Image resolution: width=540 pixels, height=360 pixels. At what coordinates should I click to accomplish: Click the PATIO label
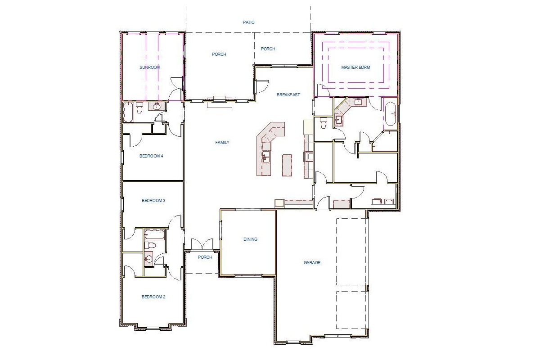tap(249, 22)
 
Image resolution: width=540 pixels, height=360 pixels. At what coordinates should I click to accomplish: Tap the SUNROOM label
tap(149, 67)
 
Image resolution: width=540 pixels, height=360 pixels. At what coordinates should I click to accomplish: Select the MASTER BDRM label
tap(355, 67)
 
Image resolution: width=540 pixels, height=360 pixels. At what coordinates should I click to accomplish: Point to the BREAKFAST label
tap(288, 94)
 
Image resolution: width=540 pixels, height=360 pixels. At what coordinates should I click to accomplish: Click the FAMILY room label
tap(222, 143)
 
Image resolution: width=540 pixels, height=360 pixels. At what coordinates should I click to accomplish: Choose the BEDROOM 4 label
tap(151, 156)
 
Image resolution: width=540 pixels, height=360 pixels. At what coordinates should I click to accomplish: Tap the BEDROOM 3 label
tap(154, 201)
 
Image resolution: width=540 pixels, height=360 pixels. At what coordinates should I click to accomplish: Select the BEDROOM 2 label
tap(154, 297)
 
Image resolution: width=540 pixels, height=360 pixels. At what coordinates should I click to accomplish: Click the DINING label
tap(250, 239)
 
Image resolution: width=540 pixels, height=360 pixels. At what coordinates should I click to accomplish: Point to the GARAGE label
tap(312, 262)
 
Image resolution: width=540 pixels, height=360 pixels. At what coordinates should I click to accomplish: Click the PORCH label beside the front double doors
tap(205, 257)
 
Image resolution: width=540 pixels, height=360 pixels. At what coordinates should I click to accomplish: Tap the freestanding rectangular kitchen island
tap(287, 166)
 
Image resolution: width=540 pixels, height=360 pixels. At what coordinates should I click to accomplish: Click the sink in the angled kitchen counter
tap(266, 156)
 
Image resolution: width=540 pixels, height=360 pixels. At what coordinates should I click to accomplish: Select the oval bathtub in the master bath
tap(390, 113)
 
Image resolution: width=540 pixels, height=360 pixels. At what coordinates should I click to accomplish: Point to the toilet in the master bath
tap(323, 122)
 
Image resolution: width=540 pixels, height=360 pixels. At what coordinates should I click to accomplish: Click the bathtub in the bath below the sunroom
tap(128, 112)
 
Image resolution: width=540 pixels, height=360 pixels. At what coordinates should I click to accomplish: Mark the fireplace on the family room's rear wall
tap(220, 102)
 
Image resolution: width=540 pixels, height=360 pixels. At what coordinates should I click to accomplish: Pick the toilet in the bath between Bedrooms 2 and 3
tap(150, 245)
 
